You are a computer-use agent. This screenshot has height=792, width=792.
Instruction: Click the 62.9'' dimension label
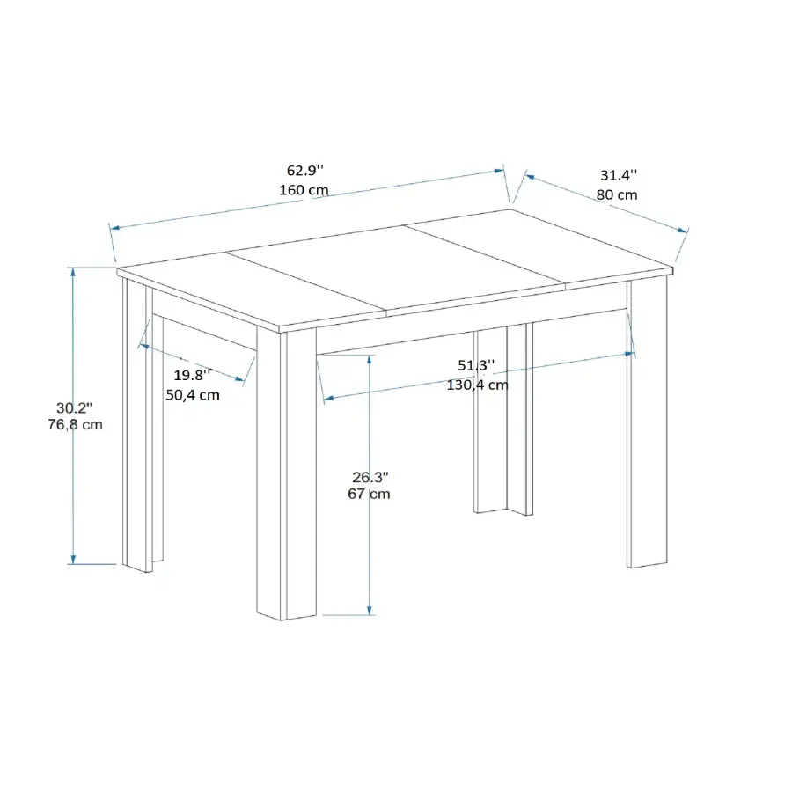(x=305, y=170)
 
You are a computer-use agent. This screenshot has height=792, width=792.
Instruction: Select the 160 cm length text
(x=304, y=190)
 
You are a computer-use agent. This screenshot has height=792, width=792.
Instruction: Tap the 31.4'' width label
(x=619, y=175)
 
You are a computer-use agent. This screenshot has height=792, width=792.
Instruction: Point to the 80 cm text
(x=617, y=194)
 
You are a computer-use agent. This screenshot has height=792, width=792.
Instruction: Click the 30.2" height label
(x=74, y=407)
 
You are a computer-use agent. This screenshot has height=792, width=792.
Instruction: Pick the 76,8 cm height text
(x=76, y=424)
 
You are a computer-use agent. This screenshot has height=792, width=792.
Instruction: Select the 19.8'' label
(x=193, y=375)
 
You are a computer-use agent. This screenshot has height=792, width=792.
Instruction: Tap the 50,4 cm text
(x=193, y=394)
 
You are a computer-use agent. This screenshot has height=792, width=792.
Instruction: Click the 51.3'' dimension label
(x=476, y=364)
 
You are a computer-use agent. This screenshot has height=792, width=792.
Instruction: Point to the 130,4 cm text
(x=477, y=385)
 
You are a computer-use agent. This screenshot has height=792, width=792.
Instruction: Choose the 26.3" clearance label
(x=370, y=477)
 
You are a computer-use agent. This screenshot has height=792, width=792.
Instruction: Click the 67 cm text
(x=370, y=494)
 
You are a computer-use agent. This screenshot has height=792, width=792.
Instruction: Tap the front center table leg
(x=286, y=473)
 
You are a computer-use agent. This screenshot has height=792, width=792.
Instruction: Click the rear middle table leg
(x=503, y=419)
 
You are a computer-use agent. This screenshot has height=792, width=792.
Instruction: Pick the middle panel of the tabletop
(x=396, y=268)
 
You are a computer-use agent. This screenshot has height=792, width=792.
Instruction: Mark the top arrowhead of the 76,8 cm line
(x=73, y=272)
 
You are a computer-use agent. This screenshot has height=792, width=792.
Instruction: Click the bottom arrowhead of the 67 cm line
(x=370, y=610)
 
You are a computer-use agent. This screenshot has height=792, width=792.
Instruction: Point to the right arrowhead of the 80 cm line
(x=683, y=230)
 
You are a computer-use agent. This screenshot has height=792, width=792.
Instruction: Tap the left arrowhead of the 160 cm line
(x=114, y=228)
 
